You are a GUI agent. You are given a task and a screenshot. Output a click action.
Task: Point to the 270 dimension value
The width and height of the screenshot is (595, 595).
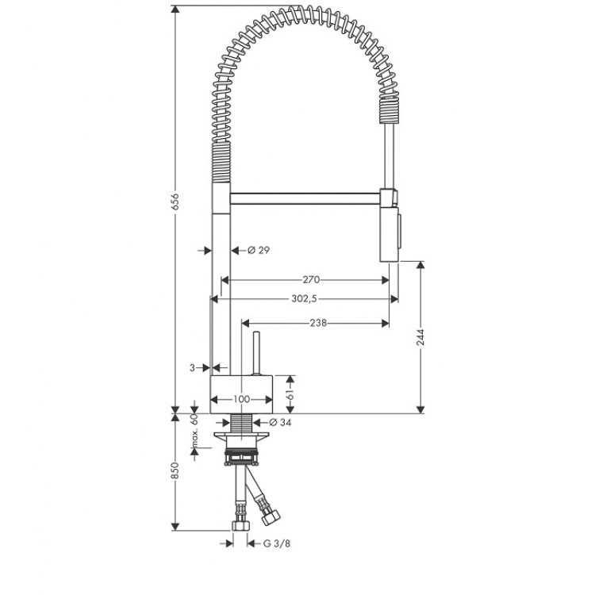(x=310, y=279)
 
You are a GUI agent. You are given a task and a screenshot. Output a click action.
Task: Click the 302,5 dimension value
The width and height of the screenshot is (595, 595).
(x=307, y=299)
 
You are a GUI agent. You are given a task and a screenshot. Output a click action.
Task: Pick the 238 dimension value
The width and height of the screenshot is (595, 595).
(x=318, y=323)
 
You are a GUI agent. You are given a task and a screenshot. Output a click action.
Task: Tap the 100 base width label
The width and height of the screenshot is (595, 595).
(x=241, y=399)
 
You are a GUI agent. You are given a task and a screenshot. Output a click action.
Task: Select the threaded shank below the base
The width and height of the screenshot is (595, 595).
(x=241, y=424)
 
